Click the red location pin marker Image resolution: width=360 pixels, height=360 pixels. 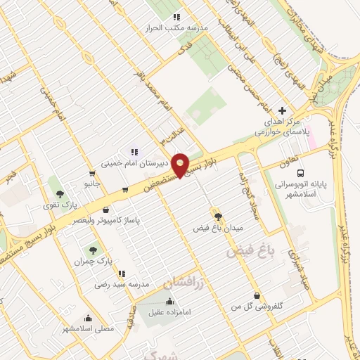coord(182,165)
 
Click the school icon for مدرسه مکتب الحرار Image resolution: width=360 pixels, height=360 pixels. coord(176,16)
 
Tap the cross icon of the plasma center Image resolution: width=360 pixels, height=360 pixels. coord(283,110)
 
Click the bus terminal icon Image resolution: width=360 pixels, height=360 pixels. coord(300,173)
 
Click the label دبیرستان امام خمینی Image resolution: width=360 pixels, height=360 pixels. coord(134,162)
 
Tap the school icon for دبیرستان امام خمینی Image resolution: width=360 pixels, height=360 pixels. coord(134,151)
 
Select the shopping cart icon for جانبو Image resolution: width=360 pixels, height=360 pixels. coord(92,173)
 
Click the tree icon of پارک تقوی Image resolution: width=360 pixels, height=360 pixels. coord(61,192)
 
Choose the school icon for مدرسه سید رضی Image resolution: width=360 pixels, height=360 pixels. coord(122,274)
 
